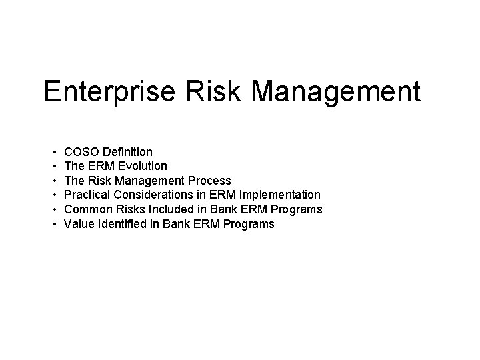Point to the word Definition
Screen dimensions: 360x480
coord(128,152)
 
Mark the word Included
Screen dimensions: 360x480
coord(170,209)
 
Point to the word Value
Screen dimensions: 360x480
coord(78,224)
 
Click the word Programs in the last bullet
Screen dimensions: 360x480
coord(250,224)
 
